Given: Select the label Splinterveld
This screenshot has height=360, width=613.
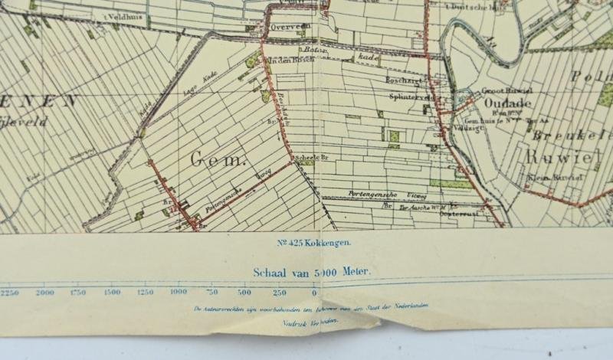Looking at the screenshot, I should [405, 98].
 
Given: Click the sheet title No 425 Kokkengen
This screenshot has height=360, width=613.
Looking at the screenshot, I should [314, 243].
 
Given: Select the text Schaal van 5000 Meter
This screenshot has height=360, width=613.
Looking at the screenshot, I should [312, 271].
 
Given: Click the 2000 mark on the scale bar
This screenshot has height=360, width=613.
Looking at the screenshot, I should [45, 292].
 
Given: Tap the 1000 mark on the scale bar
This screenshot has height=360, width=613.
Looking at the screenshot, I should [178, 292].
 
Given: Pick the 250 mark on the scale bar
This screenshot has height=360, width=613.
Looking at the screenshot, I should [279, 292].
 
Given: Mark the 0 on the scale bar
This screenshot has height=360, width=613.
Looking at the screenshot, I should [313, 292].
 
